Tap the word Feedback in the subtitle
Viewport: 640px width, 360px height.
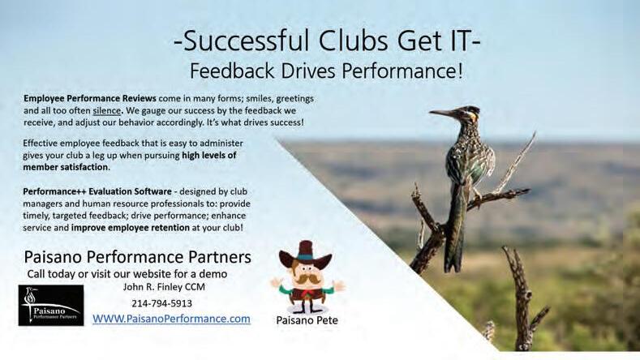[232, 71]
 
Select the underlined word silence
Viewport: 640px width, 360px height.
[106, 110]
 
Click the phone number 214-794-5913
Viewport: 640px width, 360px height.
[161, 303]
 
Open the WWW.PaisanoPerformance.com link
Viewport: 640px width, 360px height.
[171, 319]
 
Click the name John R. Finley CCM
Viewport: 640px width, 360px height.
[164, 287]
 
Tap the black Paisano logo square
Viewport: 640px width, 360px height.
[51, 306]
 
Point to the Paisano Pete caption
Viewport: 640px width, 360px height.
[307, 320]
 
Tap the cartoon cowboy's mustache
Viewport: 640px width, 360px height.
[306, 279]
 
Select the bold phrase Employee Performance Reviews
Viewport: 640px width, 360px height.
[90, 98]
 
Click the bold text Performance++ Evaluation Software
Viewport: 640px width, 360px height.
[97, 191]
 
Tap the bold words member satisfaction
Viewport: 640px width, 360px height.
[66, 167]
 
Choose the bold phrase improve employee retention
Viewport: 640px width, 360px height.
[131, 227]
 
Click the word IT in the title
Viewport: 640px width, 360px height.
[460, 41]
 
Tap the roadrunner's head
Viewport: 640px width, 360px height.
[467, 114]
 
